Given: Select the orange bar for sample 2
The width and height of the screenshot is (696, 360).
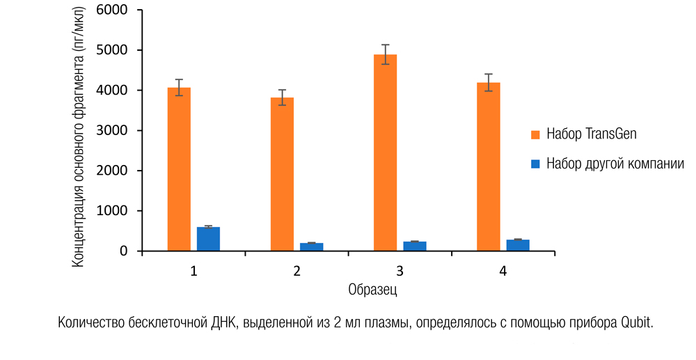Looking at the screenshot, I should [x=282, y=174].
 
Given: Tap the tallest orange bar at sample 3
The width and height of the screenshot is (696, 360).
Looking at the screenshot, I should [x=385, y=152].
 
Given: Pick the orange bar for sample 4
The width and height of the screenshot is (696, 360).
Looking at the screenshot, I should [x=488, y=166].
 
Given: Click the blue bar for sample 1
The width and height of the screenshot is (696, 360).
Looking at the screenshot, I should [x=208, y=239].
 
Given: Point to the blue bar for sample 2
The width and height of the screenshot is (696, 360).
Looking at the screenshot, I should [x=311, y=246].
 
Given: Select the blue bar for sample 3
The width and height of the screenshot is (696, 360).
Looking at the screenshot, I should [x=414, y=246].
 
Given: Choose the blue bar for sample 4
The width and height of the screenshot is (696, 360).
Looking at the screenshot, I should [x=518, y=245].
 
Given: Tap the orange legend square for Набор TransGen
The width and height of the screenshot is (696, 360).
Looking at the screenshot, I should [x=535, y=134].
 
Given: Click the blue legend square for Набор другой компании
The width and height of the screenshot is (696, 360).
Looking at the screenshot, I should [x=535, y=164].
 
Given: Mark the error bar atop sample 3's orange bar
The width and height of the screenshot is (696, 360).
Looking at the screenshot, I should [x=385, y=54].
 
